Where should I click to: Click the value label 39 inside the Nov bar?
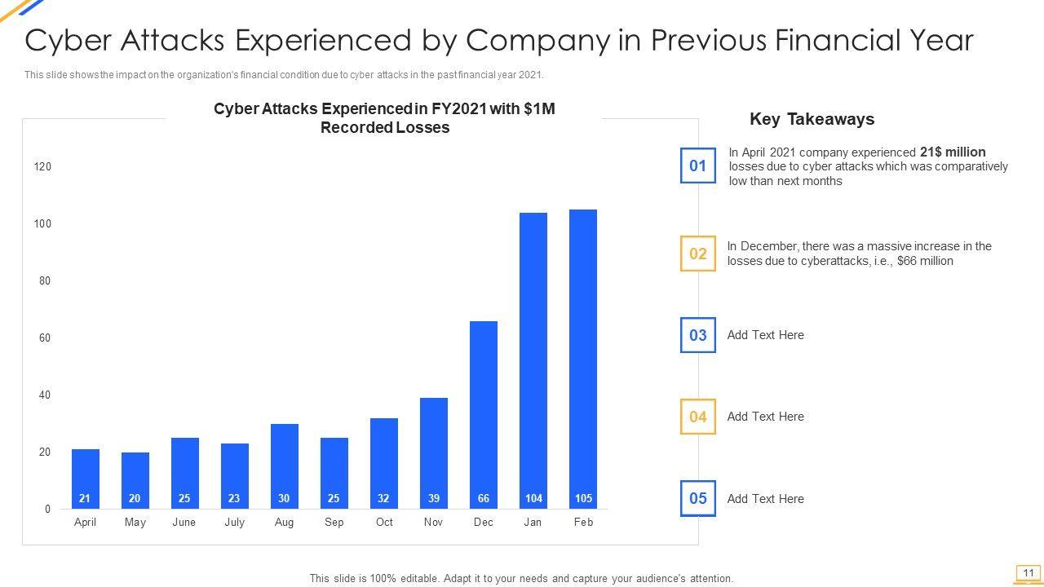click(433, 498)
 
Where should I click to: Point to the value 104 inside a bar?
click(533, 498)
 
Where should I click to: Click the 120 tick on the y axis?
click(42, 166)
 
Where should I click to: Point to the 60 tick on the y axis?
click(44, 338)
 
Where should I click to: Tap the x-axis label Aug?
click(284, 522)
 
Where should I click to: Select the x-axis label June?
click(184, 522)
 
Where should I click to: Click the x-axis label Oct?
click(384, 522)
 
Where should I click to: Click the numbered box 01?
click(698, 166)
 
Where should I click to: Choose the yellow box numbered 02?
click(698, 254)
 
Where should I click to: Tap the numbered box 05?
click(698, 498)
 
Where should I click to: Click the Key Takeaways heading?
click(812, 119)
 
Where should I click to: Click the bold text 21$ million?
click(953, 152)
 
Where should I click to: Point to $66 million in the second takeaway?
click(925, 261)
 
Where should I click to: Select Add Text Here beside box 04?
click(765, 417)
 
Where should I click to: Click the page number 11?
click(1029, 573)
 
